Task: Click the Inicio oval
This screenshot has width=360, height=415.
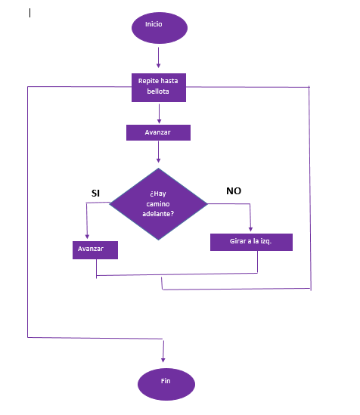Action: pyautogui.click(x=160, y=28)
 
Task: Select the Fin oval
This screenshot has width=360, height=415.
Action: pyautogui.click(x=166, y=384)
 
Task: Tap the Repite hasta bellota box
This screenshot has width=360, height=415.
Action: pyautogui.click(x=159, y=88)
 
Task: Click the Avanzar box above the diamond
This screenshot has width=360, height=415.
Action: pyautogui.click(x=158, y=132)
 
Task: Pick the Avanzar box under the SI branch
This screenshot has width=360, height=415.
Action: pyautogui.click(x=95, y=250)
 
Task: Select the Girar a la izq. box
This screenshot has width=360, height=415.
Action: pyautogui.click(x=251, y=242)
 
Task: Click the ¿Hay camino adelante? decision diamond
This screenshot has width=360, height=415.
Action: pyautogui.click(x=158, y=204)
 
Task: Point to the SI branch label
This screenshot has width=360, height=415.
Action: pyautogui.click(x=95, y=194)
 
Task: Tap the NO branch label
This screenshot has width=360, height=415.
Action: pyautogui.click(x=234, y=190)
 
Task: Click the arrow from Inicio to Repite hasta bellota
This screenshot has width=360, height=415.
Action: pyautogui.click(x=159, y=57)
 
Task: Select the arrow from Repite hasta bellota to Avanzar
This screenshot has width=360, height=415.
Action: pyautogui.click(x=159, y=113)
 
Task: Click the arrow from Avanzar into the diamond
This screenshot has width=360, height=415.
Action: pyautogui.click(x=159, y=152)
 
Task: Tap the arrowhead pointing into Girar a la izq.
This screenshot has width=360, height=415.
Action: pyautogui.click(x=250, y=229)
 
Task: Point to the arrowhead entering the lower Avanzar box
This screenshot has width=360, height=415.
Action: pyautogui.click(x=87, y=237)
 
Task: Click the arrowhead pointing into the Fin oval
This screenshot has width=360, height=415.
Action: pyautogui.click(x=163, y=360)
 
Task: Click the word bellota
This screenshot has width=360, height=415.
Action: pyautogui.click(x=158, y=91)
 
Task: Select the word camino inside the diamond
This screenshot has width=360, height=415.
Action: pyautogui.click(x=158, y=204)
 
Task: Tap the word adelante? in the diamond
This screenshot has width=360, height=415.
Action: pyautogui.click(x=158, y=214)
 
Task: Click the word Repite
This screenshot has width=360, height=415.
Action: pyautogui.click(x=147, y=81)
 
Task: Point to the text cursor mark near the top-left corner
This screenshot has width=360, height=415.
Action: pyautogui.click(x=30, y=13)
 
